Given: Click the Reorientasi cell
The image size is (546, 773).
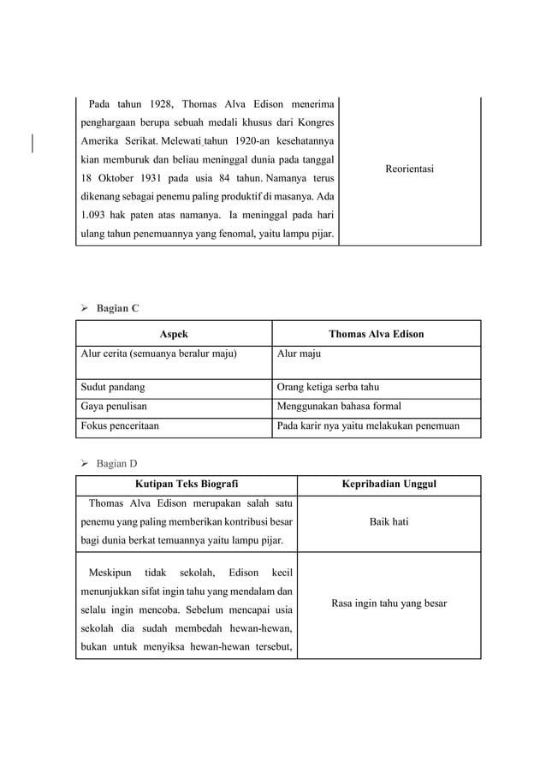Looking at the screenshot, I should click(409, 169).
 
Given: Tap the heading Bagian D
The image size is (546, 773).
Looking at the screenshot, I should click(116, 464).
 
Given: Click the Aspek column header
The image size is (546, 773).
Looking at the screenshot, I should click(174, 334).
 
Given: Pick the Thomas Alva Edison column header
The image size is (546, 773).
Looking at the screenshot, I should click(376, 334).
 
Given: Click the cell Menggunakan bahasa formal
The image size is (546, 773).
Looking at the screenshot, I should click(338, 407).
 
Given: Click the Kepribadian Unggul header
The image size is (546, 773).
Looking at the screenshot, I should click(389, 485).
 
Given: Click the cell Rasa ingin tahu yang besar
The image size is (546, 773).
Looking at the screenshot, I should click(389, 604).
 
